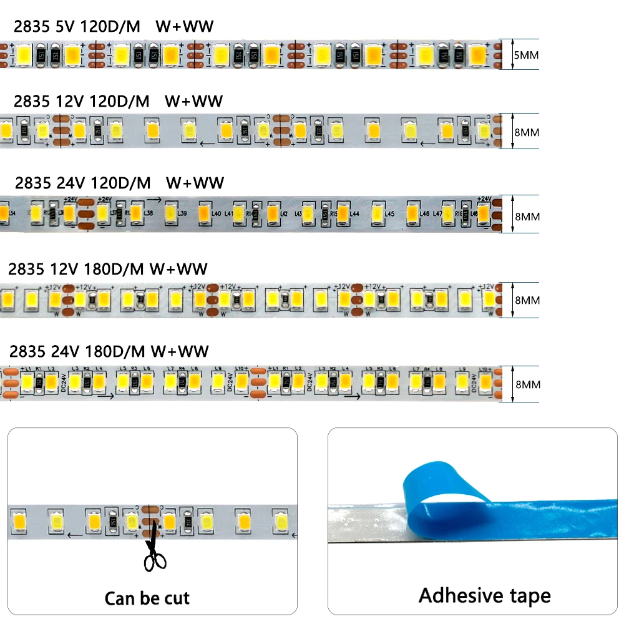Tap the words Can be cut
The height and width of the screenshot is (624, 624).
pyautogui.click(x=147, y=598)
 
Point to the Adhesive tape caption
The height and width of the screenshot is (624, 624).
pyautogui.click(x=484, y=595)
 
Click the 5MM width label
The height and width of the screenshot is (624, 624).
pyautogui.click(x=525, y=54)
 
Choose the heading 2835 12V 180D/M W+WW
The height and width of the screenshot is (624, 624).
pyautogui.click(x=108, y=269)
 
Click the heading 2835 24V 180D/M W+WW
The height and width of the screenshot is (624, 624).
pyautogui.click(x=109, y=351)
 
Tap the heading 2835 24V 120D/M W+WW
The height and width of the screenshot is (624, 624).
pyautogui.click(x=119, y=183)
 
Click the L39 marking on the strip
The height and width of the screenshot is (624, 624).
pyautogui.click(x=183, y=214)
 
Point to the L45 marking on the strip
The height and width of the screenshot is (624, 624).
pyautogui.click(x=390, y=214)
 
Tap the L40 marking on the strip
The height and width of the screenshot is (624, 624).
pyautogui.click(x=217, y=214)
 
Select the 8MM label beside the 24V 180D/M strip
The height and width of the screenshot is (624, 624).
pyautogui.click(x=527, y=384)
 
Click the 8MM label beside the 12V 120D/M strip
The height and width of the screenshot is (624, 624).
pyautogui.click(x=527, y=132)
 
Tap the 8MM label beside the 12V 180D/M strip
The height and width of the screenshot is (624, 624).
pyautogui.click(x=527, y=300)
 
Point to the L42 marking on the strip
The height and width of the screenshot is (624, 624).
pyautogui.click(x=284, y=214)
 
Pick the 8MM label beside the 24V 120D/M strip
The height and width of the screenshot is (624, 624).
pyautogui.click(x=527, y=217)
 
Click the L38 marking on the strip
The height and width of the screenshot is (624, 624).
pyautogui.click(x=149, y=214)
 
